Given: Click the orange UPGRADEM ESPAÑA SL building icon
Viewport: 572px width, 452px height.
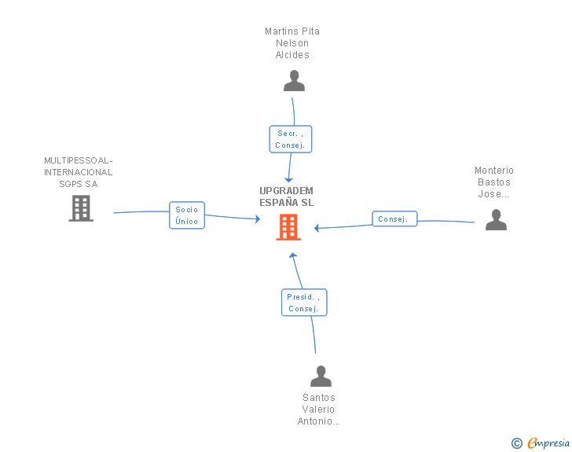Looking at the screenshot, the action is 288,227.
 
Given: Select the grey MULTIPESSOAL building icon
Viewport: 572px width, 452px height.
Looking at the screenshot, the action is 81,208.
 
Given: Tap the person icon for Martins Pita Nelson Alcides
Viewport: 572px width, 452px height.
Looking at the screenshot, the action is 294,81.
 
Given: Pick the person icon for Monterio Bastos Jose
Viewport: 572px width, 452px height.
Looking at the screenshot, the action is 496,219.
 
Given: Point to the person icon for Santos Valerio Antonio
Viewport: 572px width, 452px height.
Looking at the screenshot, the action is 321,376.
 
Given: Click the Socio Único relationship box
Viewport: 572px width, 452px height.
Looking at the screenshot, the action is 187,215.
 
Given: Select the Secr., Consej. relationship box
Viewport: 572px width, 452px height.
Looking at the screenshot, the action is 291,139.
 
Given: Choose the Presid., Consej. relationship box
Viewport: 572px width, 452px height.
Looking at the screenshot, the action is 304,303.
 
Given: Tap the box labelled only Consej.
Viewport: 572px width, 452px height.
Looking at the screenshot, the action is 394,219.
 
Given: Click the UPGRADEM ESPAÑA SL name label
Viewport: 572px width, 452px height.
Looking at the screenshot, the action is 286,197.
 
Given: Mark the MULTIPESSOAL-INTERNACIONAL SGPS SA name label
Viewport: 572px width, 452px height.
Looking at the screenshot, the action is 79,172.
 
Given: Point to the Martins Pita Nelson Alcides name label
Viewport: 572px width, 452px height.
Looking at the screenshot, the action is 292,43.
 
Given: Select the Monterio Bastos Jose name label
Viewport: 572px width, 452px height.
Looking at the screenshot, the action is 494,182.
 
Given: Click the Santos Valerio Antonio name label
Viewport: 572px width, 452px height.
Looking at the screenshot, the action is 318,410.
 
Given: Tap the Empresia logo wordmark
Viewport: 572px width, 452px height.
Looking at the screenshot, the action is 548,443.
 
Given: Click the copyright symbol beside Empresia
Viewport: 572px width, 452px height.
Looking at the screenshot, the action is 517,443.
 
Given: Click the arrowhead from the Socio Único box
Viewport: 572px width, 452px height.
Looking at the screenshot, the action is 258,219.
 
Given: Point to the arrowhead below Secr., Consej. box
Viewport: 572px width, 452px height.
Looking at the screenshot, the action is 288,180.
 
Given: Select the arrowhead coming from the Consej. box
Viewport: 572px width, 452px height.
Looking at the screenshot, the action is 317,228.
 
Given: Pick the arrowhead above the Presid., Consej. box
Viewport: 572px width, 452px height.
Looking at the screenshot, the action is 293,255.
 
